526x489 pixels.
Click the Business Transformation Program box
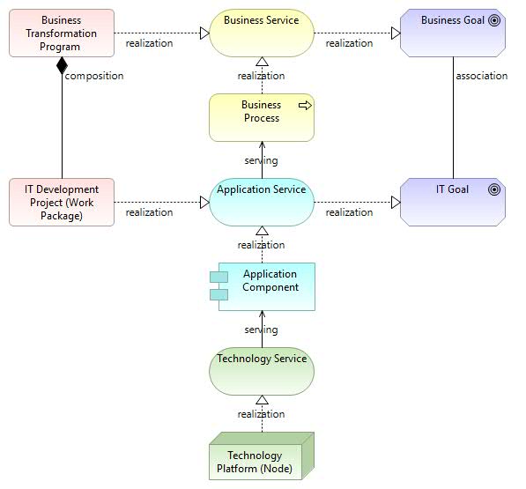point(62,33)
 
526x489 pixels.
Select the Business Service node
point(262,33)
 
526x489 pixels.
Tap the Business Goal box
point(453,33)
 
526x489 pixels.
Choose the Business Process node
point(262,118)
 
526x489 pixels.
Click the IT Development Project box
point(62,203)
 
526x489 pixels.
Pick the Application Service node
point(262,203)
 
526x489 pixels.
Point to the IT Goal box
point(453,203)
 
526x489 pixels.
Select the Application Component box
point(263,286)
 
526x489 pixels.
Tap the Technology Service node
point(262,371)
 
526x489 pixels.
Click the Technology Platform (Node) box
point(262,456)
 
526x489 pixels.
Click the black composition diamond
point(62,65)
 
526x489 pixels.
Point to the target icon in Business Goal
point(494,20)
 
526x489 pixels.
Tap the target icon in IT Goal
point(494,189)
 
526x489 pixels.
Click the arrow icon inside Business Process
point(305,106)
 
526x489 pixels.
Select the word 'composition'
point(94,76)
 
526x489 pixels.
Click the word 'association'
point(482,76)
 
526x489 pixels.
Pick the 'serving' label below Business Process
point(262,161)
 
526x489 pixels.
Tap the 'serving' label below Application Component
point(262,330)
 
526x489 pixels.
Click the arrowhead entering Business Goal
point(396,33)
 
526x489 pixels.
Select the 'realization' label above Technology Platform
point(262,414)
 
